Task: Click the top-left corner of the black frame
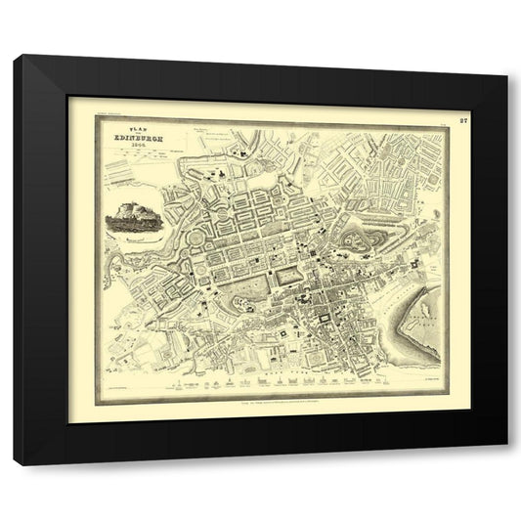coord(16,58)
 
